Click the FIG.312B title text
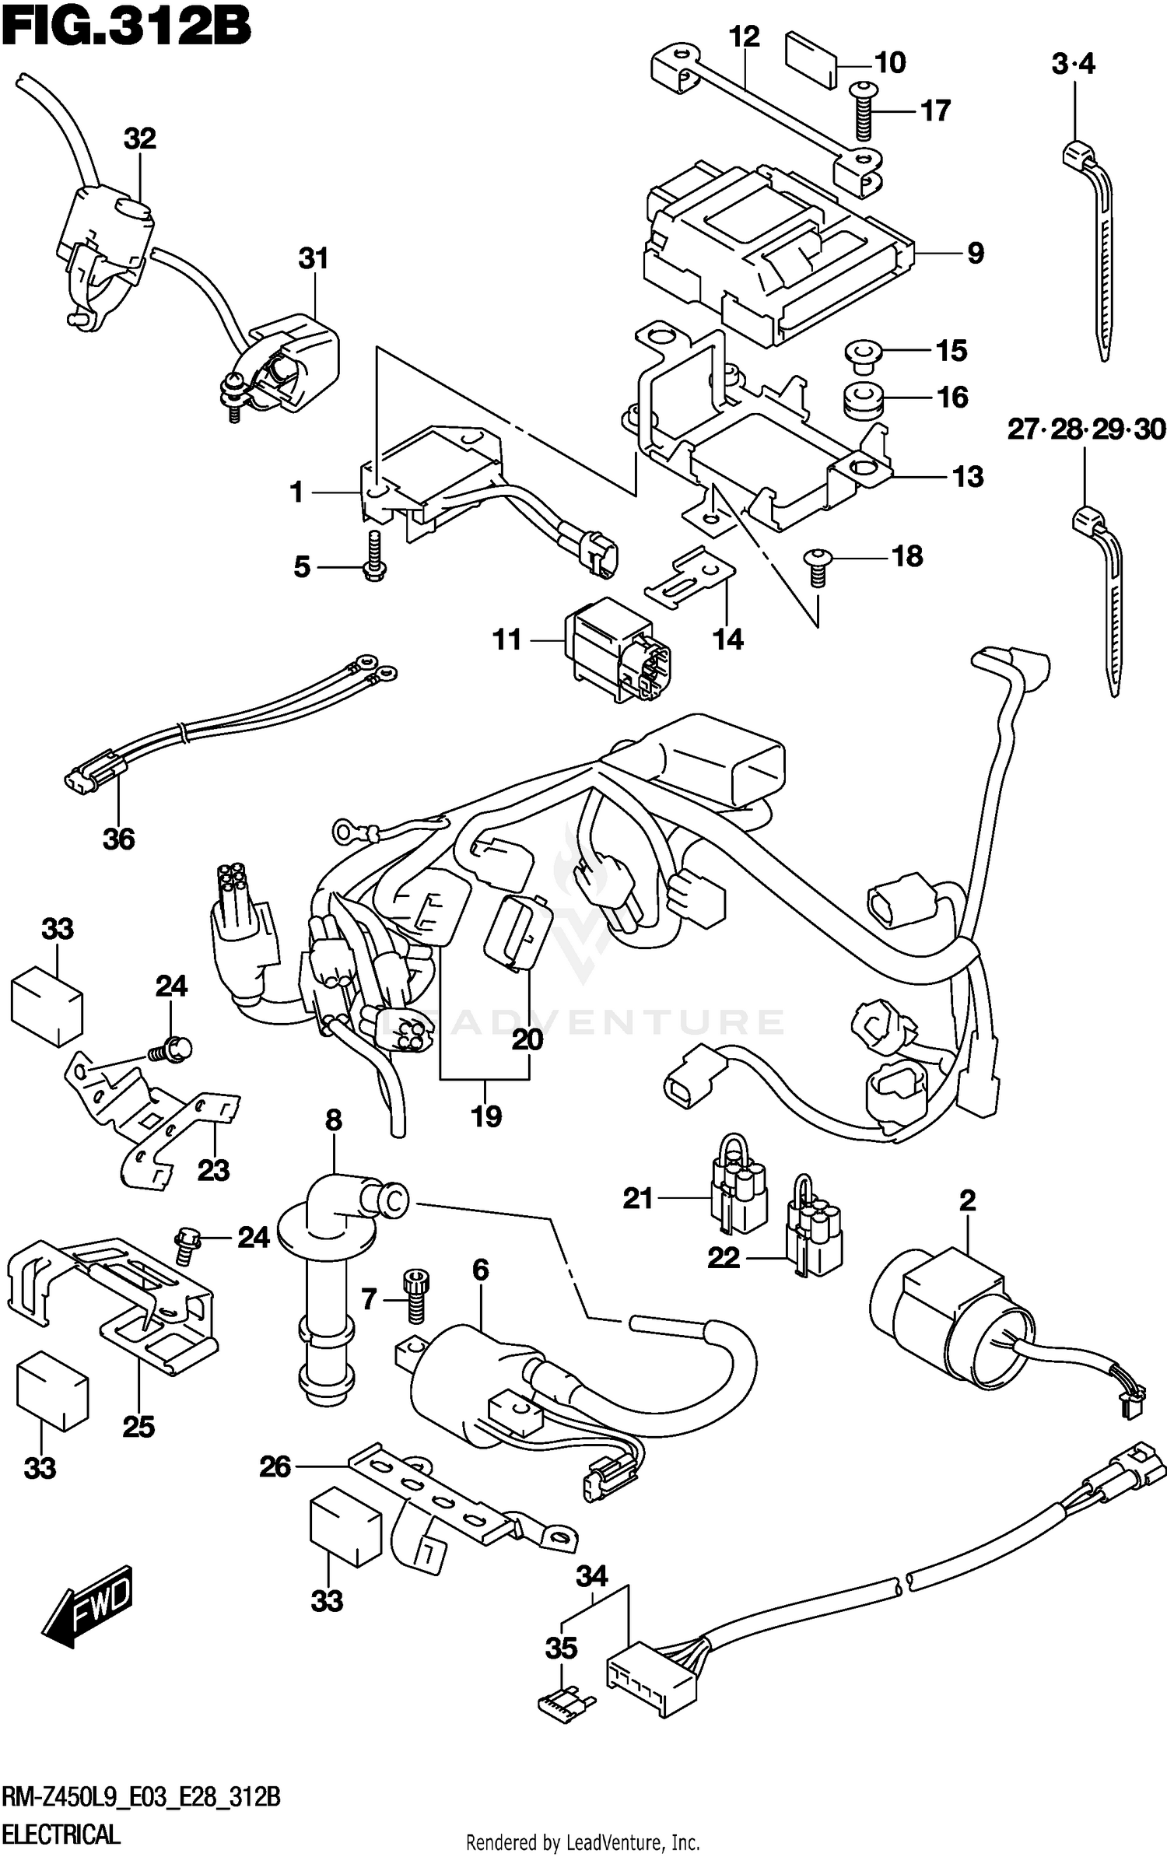tap(126, 30)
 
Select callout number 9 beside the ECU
tap(975, 254)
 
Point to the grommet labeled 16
tap(861, 398)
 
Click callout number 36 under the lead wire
tap(118, 839)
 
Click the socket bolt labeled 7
tap(415, 1295)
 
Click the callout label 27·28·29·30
tap(1086, 429)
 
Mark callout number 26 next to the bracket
tap(275, 1467)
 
